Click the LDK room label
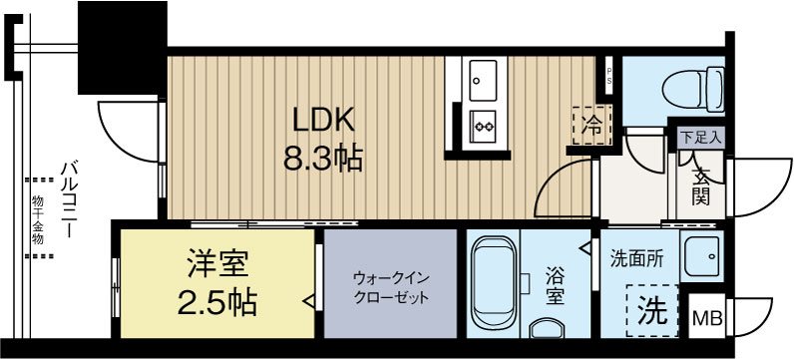pyautogui.click(x=323, y=121)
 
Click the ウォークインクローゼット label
pyautogui.click(x=391, y=288)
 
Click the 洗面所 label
pyautogui.click(x=634, y=256)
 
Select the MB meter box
pyautogui.click(x=709, y=318)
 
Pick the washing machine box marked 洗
pyautogui.click(x=652, y=310)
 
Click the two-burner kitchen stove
pyautogui.click(x=485, y=127)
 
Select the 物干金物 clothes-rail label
pyautogui.click(x=37, y=220)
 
